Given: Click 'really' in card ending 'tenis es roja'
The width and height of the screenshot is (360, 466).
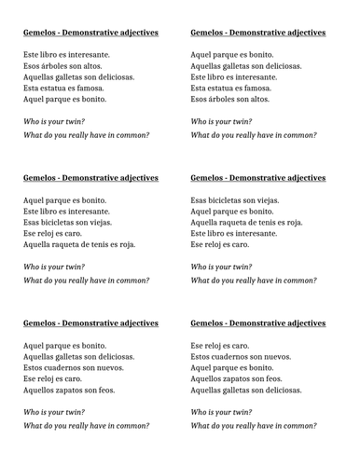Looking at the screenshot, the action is tap(79, 281).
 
